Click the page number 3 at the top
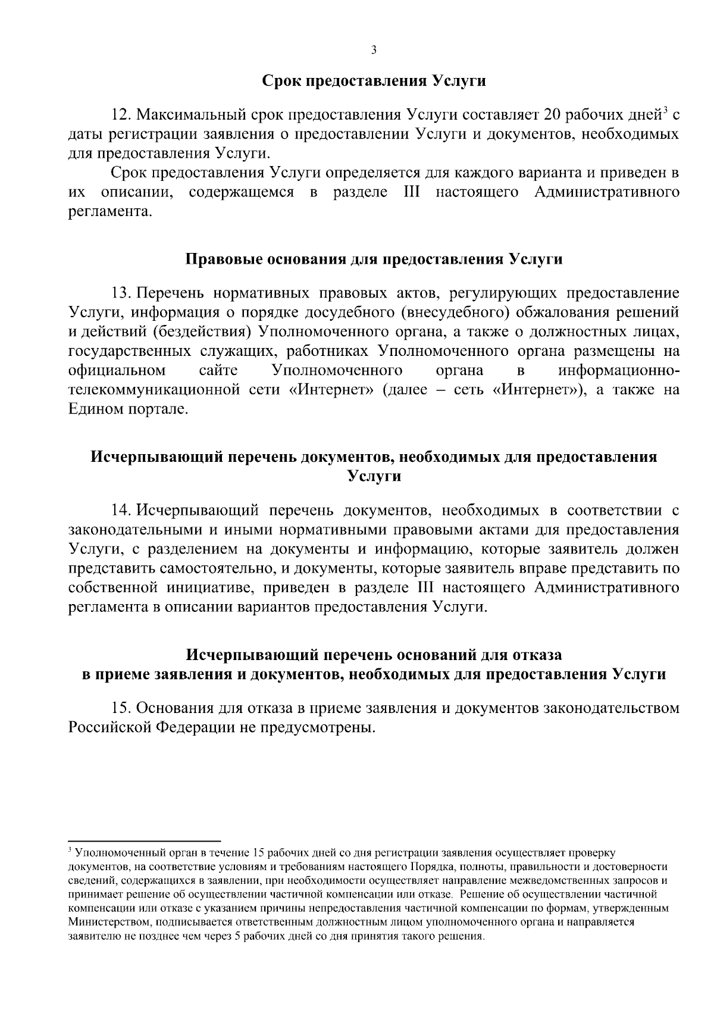[374, 50]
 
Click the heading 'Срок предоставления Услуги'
[374, 81]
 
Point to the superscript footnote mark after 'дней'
[666, 110]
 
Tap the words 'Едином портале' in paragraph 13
[128, 410]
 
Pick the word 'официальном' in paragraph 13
[117, 371]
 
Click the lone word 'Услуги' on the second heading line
[374, 477]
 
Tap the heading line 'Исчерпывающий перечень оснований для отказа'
[374, 655]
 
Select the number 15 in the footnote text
[258, 852]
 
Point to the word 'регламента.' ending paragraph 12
[107, 212]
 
